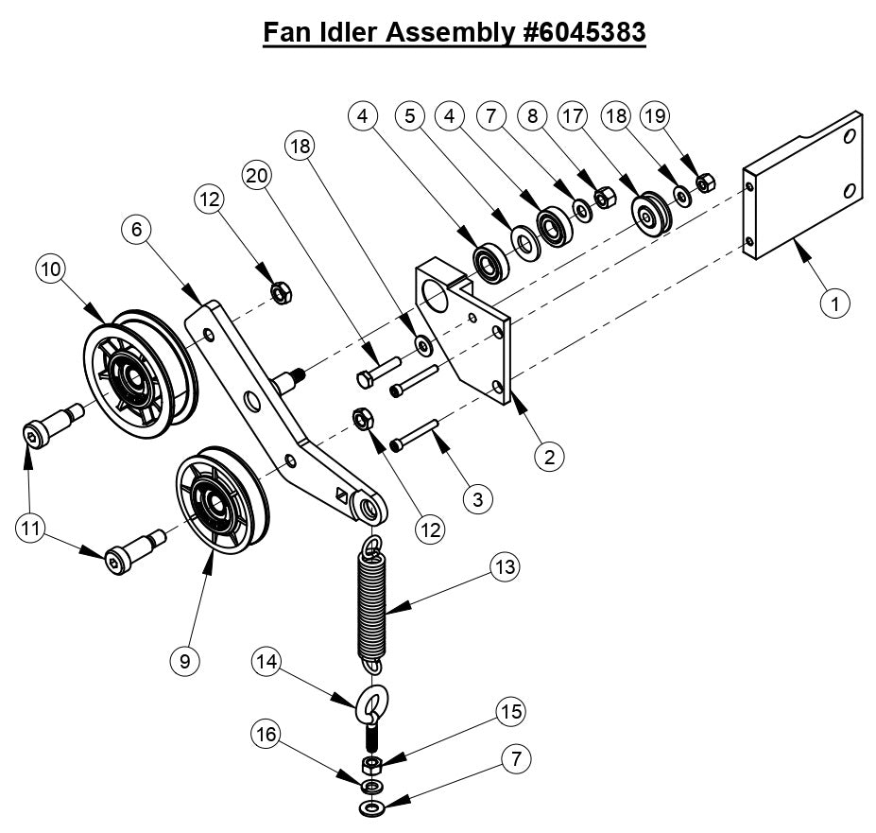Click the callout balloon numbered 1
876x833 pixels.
tap(834, 304)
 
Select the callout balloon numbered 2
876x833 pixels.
tap(549, 456)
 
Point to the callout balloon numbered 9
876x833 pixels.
tap(184, 661)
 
